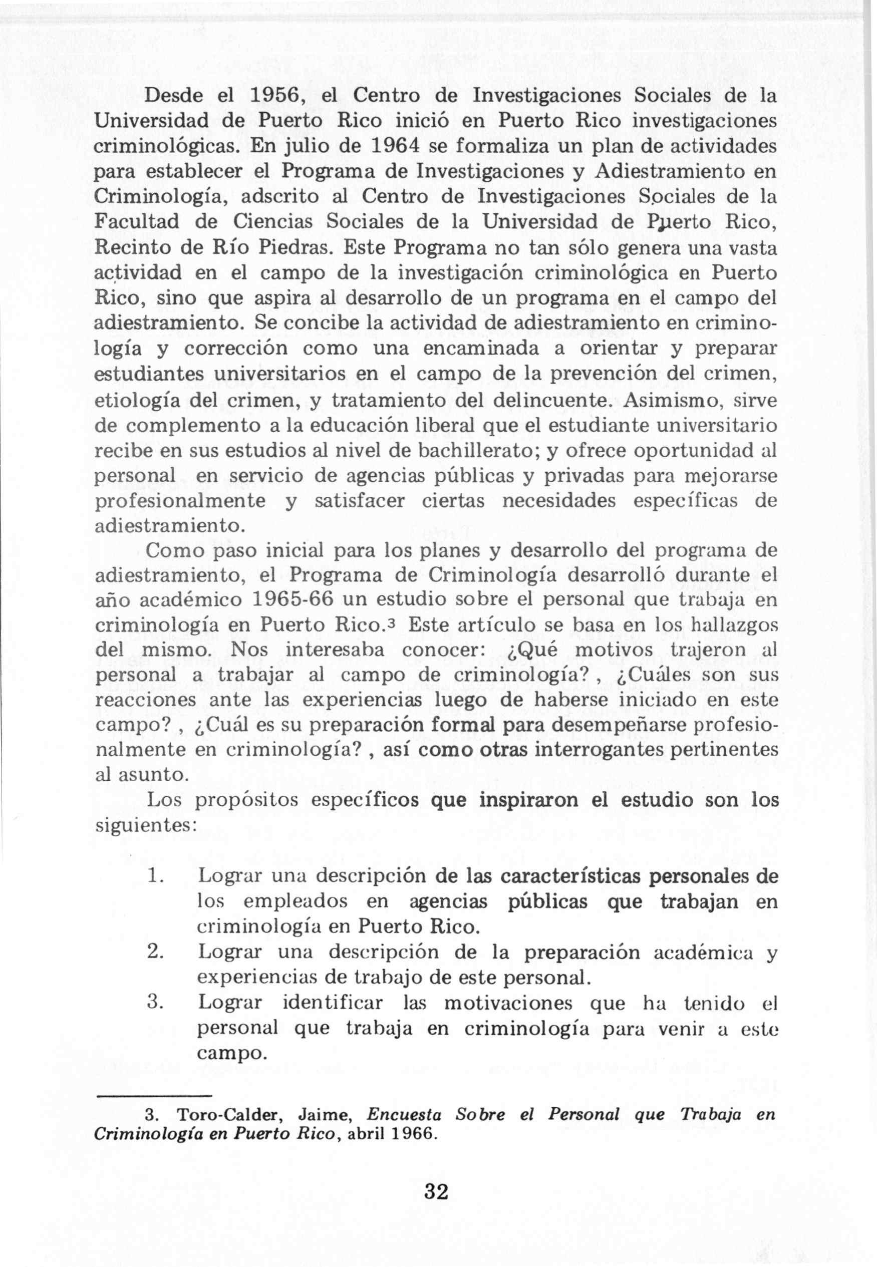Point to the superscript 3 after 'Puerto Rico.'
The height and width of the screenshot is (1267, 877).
click(392, 623)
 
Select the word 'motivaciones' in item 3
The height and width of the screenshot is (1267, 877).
click(508, 1003)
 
